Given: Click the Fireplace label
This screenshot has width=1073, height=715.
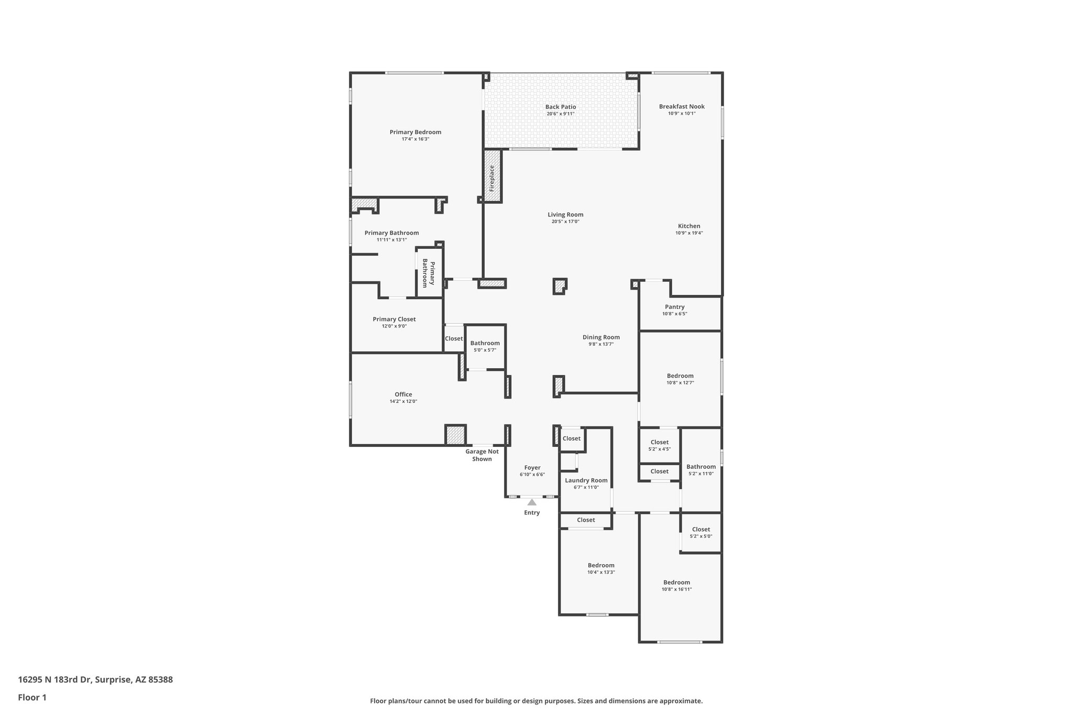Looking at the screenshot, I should (x=492, y=178).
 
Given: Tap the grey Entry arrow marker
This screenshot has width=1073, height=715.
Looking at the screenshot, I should (x=532, y=502).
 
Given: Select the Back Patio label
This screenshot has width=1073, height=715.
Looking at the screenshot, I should (x=561, y=107).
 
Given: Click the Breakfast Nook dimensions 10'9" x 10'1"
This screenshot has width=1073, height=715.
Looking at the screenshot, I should (x=682, y=114).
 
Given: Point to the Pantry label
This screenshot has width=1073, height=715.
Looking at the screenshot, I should (x=675, y=307).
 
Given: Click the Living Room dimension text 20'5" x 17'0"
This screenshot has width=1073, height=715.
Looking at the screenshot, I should (x=565, y=222).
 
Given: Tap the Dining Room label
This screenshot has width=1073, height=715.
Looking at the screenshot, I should (x=601, y=337).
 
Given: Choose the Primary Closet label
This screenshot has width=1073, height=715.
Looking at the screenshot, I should (x=394, y=319).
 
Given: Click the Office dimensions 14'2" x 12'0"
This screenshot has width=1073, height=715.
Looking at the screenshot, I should (x=403, y=401).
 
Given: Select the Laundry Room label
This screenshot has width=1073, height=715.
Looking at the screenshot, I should (x=586, y=480).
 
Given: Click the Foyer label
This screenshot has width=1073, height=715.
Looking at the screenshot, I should (x=532, y=468).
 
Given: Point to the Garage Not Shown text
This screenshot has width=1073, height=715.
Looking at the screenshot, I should (x=482, y=455).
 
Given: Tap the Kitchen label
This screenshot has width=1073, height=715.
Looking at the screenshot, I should (x=689, y=226).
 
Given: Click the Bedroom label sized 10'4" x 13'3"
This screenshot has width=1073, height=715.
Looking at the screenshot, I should (x=601, y=565).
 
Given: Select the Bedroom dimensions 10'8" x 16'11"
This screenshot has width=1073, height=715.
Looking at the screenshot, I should (x=676, y=589).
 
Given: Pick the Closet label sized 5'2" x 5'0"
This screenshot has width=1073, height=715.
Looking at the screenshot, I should (x=701, y=530).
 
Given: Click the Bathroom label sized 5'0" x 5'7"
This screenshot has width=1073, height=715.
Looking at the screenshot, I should (x=485, y=343).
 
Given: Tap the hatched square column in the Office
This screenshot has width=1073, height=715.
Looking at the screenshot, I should (x=455, y=435).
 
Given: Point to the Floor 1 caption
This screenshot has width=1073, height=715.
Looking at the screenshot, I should (x=32, y=697).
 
